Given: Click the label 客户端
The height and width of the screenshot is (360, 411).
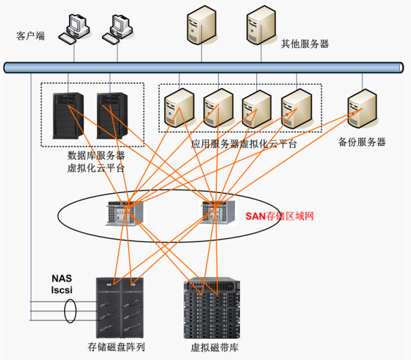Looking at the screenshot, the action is tap(30, 36).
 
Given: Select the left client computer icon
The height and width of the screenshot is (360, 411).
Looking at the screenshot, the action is tap(74, 30).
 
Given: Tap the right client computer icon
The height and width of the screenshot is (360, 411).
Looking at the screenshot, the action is tap(118, 30).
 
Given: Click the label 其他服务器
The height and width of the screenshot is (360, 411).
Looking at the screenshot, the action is tap(305, 44).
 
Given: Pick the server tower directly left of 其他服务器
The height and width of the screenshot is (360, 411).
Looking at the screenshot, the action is tap(261, 25).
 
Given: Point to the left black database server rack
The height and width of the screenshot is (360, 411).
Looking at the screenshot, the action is tap(68, 116).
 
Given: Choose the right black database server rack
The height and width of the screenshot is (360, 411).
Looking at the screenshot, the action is tap(112, 116).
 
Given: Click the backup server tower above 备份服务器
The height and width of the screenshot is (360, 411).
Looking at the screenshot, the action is tap(362, 108).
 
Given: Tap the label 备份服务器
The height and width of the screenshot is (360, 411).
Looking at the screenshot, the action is tap(362, 142).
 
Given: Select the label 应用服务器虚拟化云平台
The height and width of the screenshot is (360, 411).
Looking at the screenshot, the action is tap(244, 144).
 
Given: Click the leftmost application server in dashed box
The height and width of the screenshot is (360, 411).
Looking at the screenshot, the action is tap(179, 108).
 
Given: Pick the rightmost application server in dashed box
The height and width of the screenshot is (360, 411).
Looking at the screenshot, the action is tap(297, 108).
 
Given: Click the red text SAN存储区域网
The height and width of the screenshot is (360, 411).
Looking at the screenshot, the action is tap(279, 216).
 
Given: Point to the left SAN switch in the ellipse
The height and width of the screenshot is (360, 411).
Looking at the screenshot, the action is tap(125, 213).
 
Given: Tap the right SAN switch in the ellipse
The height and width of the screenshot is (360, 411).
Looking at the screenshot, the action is tap(218, 212).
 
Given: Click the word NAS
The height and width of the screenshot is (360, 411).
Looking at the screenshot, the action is tap(62, 278).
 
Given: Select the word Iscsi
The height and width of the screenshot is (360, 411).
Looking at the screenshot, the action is tap(62, 290).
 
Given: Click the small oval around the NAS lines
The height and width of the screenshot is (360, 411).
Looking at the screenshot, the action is tap(70, 311).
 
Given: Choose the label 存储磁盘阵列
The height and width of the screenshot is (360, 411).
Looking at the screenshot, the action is tap(116, 347).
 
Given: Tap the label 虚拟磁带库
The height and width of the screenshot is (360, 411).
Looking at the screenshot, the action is tap(215, 347).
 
